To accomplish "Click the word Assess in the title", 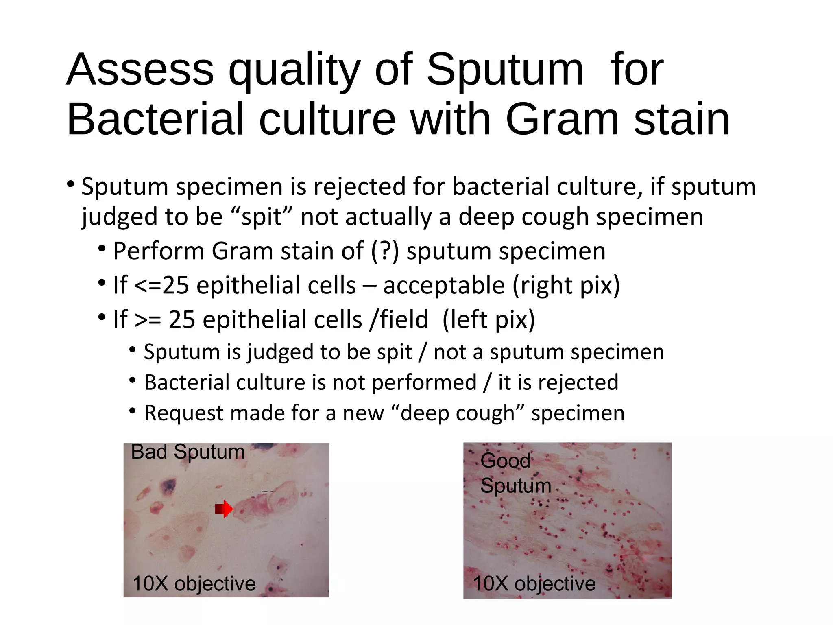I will click(x=140, y=70).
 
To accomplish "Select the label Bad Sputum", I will click(x=188, y=452).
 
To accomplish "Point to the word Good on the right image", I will click(x=505, y=461).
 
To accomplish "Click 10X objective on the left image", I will click(x=194, y=583).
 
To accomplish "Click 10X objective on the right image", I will click(x=534, y=583).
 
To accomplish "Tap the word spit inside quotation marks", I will click(x=262, y=217).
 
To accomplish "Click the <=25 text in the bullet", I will click(x=161, y=285).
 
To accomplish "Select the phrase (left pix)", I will click(x=488, y=319).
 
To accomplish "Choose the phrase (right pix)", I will click(x=566, y=285).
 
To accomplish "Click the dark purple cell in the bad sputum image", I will click(x=168, y=486).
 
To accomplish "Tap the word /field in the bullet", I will click(x=399, y=319).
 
